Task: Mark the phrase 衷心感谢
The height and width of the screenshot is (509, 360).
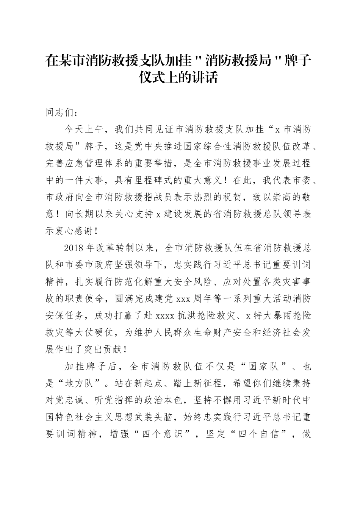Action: [75, 231]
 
